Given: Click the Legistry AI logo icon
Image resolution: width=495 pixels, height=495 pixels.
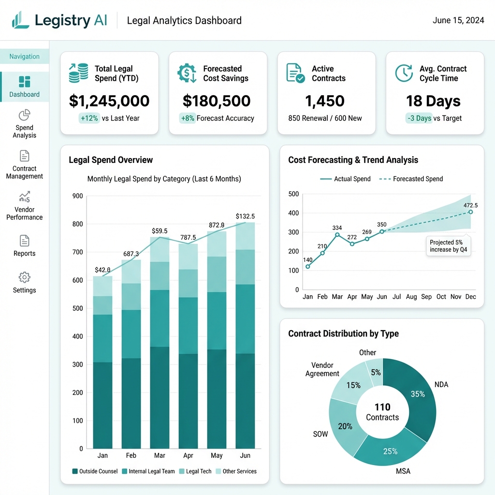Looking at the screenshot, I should [x=21, y=20].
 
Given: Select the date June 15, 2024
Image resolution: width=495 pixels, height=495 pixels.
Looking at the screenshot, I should [x=458, y=20].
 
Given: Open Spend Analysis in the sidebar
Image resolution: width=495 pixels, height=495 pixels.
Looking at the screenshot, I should [x=24, y=124].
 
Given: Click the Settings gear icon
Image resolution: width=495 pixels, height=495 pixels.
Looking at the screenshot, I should [x=24, y=277].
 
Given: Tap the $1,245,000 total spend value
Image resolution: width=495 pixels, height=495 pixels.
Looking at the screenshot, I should [x=109, y=101].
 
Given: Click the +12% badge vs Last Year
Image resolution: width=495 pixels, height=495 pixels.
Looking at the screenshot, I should [x=89, y=118].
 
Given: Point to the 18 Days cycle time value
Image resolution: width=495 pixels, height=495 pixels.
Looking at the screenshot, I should [x=433, y=101].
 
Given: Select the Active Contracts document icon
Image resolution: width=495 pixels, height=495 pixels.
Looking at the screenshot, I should [x=295, y=73].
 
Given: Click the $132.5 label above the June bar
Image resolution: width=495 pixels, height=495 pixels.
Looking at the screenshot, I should [x=245, y=216].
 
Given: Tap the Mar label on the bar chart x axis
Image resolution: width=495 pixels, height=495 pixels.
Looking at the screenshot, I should [x=160, y=455].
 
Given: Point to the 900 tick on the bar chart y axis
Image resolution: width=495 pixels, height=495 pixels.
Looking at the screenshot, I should [x=77, y=196].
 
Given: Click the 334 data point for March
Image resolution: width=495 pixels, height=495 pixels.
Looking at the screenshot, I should [x=337, y=235].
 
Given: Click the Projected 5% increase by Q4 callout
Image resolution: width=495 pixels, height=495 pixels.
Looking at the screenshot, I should [x=449, y=246].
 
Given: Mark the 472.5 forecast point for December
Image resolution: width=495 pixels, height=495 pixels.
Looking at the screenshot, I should [x=470, y=212].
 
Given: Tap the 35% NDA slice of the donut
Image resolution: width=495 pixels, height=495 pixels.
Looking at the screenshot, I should [x=417, y=393].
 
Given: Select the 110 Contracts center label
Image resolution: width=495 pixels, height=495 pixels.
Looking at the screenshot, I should [x=382, y=412].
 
